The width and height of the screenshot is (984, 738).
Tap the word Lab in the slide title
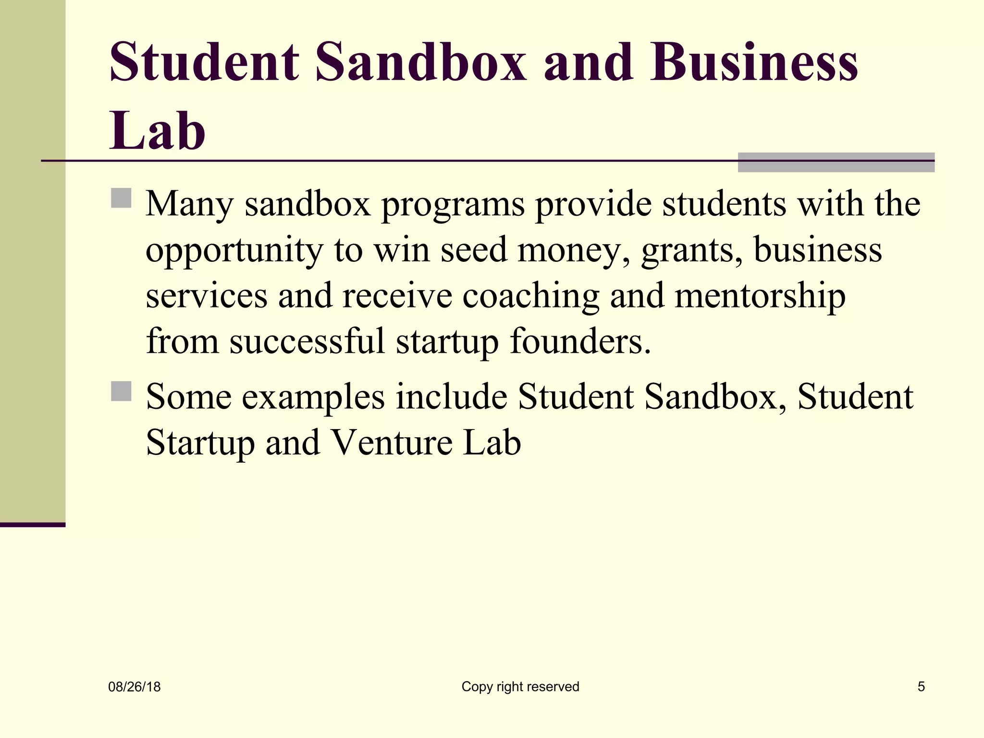158,131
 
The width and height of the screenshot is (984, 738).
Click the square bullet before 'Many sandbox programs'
121,198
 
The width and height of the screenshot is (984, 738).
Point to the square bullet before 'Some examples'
121,391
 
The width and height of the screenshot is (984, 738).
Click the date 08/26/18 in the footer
135,687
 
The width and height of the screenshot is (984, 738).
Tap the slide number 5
921,687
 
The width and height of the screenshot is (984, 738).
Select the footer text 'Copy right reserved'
520,687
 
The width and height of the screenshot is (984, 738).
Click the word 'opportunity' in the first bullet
234,251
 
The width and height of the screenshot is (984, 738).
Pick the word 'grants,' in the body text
692,251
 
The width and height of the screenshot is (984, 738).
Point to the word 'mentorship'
760,296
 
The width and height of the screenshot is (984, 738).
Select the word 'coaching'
530,297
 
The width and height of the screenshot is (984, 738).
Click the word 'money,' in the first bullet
574,251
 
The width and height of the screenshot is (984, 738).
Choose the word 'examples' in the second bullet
313,398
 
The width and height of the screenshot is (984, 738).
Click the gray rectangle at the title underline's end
836,162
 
